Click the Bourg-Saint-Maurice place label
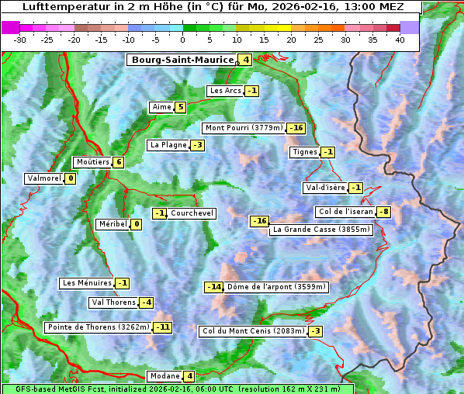(x=182, y=60)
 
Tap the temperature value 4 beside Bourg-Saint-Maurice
(x=245, y=60)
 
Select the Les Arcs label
(x=226, y=91)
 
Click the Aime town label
(x=161, y=107)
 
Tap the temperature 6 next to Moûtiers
(x=118, y=162)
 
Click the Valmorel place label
(x=43, y=178)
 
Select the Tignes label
(x=304, y=152)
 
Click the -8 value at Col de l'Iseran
(x=383, y=213)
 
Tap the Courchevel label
(x=192, y=213)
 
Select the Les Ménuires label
(x=86, y=283)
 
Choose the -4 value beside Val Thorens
(x=146, y=302)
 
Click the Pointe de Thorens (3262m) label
(x=99, y=327)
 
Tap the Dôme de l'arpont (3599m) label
(x=276, y=287)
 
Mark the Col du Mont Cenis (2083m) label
(x=252, y=331)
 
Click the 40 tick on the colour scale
(x=400, y=39)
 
